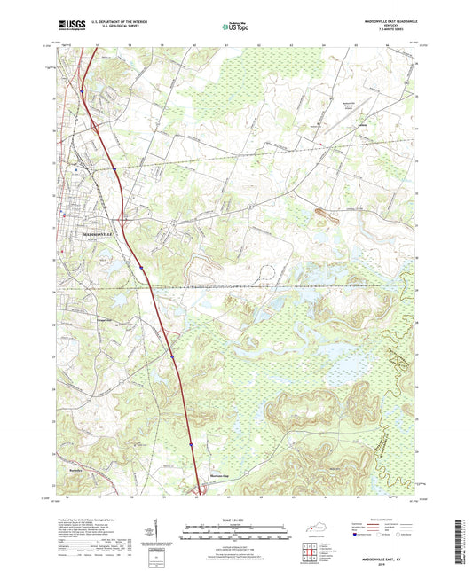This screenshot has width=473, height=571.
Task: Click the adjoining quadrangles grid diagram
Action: pyautogui.click(x=308, y=551)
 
